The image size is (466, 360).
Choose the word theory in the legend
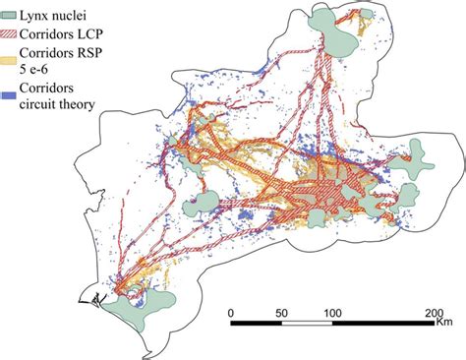coord(92,105)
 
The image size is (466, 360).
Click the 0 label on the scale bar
coord(230,312)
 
